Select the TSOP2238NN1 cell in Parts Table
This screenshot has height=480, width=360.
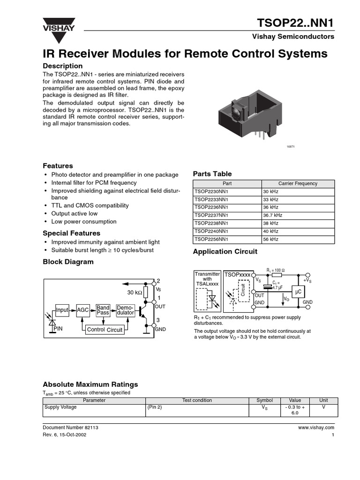pyautogui.click(x=227, y=223)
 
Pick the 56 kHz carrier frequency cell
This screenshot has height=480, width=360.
pyautogui.click(x=298, y=240)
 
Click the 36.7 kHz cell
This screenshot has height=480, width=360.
pyautogui.click(x=298, y=215)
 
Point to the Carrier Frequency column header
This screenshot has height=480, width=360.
pyautogui.click(x=298, y=183)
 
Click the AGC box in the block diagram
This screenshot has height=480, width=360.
pyautogui.click(x=83, y=310)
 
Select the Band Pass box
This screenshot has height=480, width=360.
pyautogui.click(x=103, y=310)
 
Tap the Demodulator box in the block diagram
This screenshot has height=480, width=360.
pyautogui.click(x=125, y=310)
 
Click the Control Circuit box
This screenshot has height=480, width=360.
pyautogui.click(x=105, y=330)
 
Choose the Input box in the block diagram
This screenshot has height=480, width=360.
pyautogui.click(x=62, y=310)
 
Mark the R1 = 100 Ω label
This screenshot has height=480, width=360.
pyautogui.click(x=276, y=270)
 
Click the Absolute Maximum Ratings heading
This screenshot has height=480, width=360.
pyautogui.click(x=90, y=384)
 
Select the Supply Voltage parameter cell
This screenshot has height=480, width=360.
pyautogui.click(x=60, y=407)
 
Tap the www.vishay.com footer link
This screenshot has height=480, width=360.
pyautogui.click(x=315, y=427)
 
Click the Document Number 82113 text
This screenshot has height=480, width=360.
pyautogui.click(x=70, y=427)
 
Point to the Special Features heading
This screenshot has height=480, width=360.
pyautogui.click(x=72, y=233)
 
